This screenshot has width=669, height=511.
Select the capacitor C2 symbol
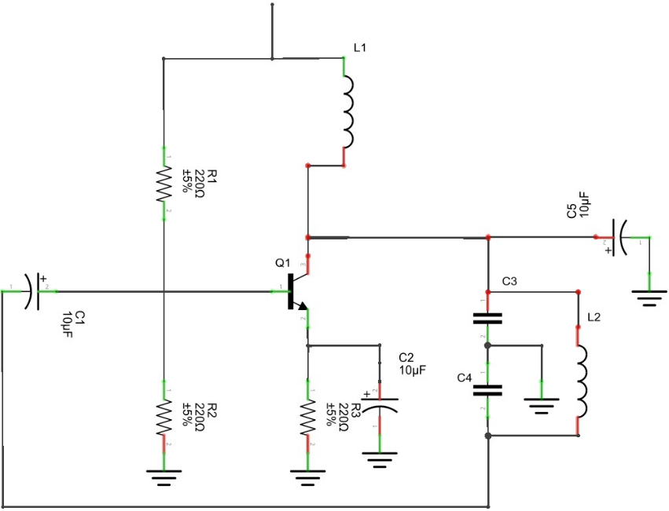tap(379, 403)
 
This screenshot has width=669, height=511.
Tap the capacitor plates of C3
tap(487, 319)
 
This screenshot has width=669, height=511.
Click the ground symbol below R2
tap(164, 476)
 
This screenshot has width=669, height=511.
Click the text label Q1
tap(283, 263)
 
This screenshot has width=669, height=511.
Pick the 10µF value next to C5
tap(585, 203)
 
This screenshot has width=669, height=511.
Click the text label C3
tap(509, 281)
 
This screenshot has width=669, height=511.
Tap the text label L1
tap(361, 48)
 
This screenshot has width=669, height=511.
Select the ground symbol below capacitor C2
tap(380, 458)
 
